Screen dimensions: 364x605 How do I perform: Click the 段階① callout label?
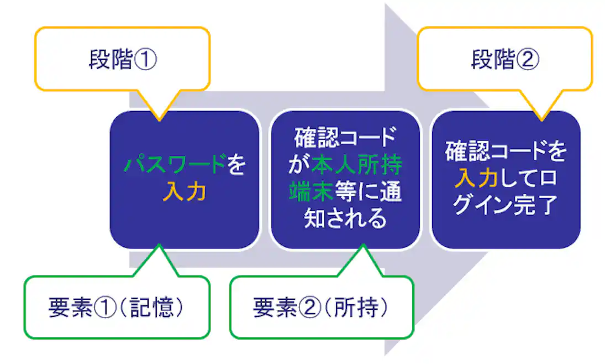click(123, 60)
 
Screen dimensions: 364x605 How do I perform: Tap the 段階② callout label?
click(504, 60)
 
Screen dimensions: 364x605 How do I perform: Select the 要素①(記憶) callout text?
click(115, 309)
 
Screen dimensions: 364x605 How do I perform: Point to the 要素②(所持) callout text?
click(321, 309)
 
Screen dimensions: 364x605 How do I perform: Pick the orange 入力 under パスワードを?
click(185, 191)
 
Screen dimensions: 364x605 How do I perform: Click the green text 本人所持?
click(357, 165)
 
